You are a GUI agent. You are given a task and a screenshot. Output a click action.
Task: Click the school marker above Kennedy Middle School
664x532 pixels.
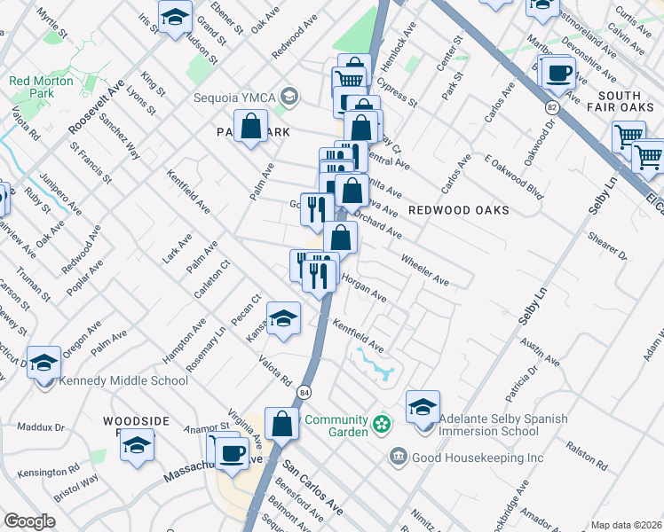coord(43,362)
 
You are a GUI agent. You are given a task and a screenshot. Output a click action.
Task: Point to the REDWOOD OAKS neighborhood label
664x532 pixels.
coord(459,210)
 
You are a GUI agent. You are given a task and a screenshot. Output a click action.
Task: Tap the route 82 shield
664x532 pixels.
coord(552,106)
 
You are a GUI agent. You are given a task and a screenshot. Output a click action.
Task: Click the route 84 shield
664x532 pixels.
coord(304,391)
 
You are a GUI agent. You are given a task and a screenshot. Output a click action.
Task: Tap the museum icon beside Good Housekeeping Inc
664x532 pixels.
coord(399,458)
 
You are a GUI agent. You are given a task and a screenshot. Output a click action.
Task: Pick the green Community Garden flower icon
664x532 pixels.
coord(382,425)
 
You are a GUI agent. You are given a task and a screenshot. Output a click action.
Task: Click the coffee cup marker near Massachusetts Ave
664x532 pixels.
coord(233,453)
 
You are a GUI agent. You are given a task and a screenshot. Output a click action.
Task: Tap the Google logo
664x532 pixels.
coord(29,521)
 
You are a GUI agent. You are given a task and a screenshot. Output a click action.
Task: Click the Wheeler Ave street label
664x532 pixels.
coord(425,270)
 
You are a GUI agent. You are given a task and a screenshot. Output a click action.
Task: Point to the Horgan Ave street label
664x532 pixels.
coord(364,286)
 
